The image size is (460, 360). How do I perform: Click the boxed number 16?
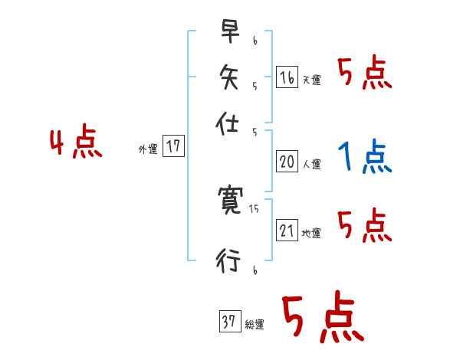287,77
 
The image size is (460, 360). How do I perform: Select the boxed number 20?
287,162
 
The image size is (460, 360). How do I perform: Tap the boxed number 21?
287,231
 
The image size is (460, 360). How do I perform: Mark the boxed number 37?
228,322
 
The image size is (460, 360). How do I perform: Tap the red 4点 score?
75,144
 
